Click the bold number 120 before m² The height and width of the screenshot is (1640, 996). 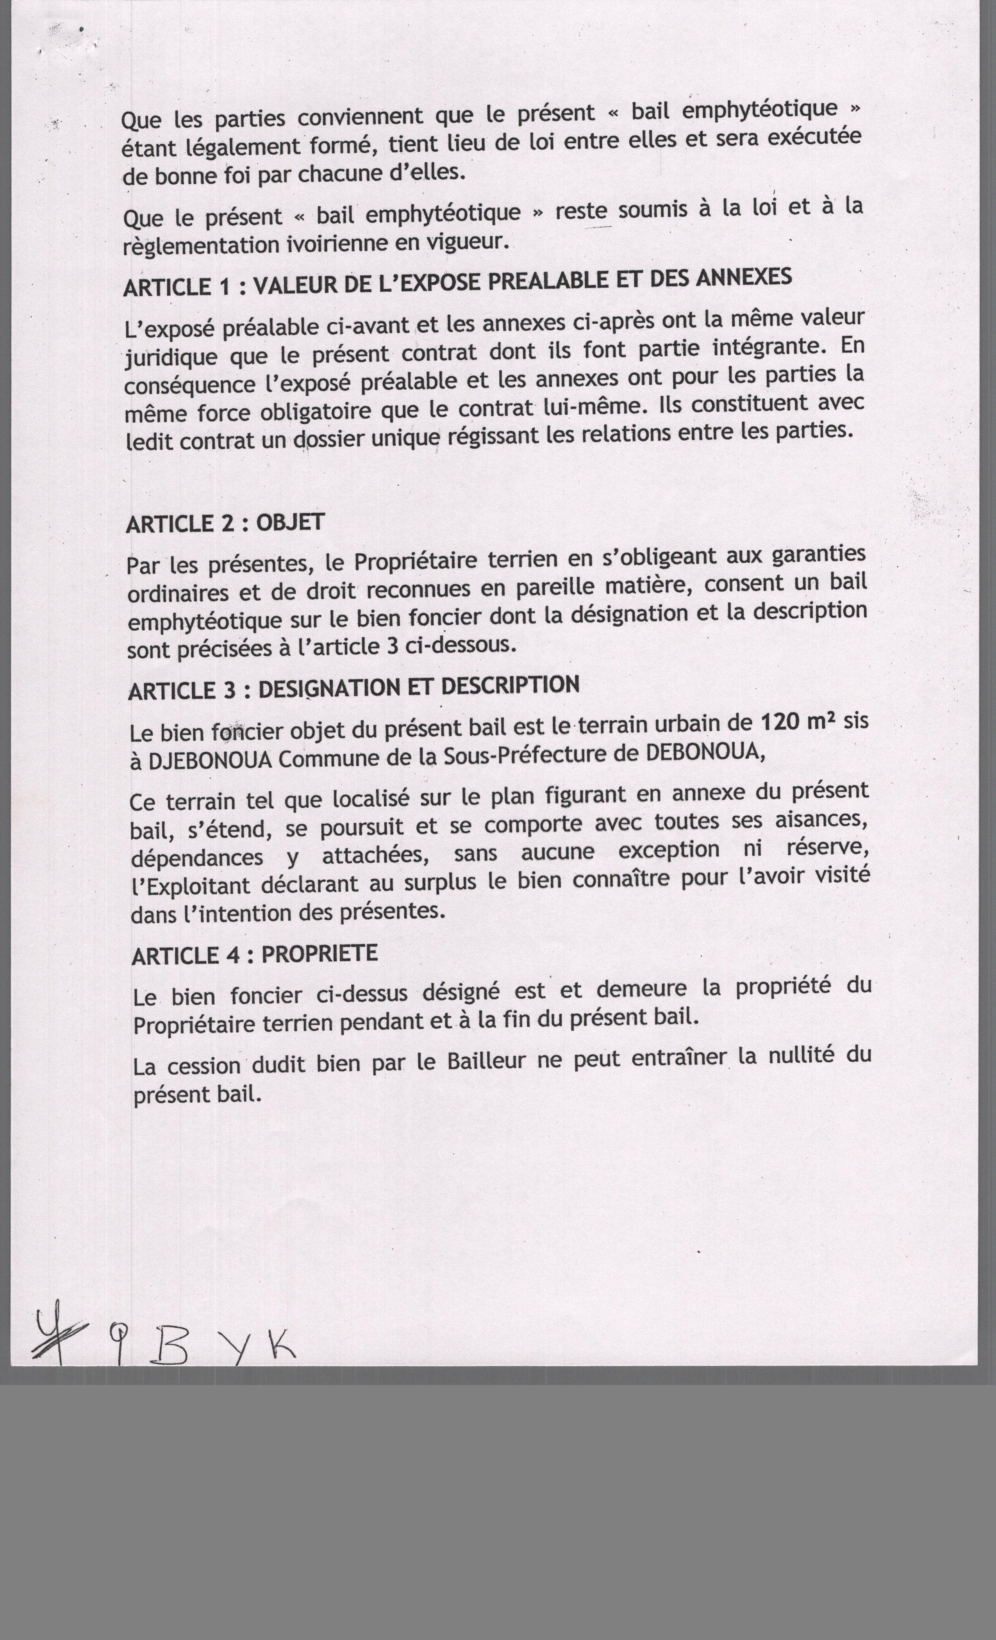(x=778, y=722)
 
